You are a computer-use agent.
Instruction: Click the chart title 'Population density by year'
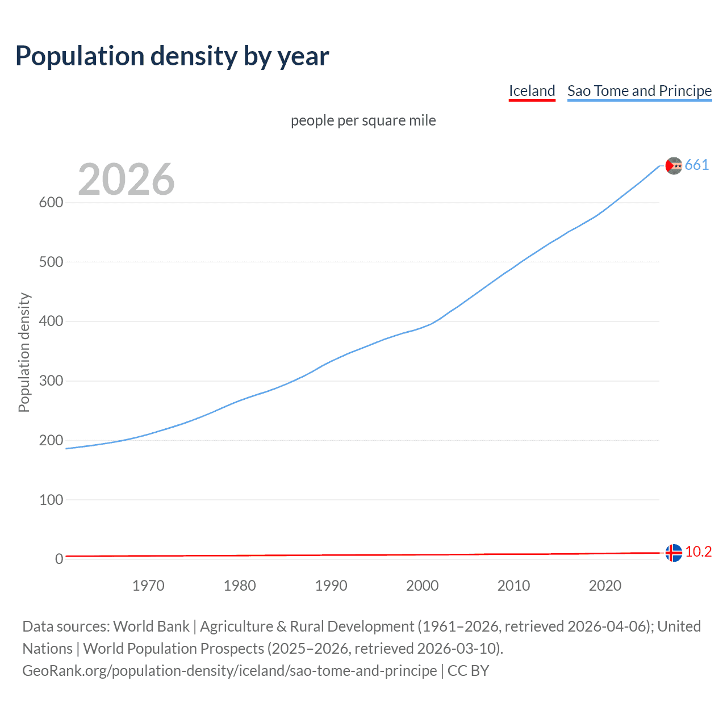(x=172, y=56)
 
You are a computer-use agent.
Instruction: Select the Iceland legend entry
(x=532, y=91)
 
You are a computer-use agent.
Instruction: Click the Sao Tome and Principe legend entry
(x=640, y=91)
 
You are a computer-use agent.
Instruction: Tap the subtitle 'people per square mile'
(x=363, y=121)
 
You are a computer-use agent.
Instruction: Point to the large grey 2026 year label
(x=126, y=179)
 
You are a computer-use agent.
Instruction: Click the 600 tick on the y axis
(x=51, y=203)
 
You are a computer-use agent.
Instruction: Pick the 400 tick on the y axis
(x=51, y=321)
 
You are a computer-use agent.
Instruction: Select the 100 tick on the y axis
(x=51, y=500)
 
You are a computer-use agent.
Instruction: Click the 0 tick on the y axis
(x=59, y=559)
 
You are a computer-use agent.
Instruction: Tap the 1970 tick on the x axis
(x=148, y=586)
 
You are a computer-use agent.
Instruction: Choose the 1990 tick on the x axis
(x=331, y=586)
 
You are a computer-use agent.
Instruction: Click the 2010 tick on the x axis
(x=513, y=586)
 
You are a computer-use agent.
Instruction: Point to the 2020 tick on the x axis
(x=605, y=586)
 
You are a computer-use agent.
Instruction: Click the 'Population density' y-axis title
(x=24, y=352)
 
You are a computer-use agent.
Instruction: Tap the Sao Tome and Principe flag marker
(x=674, y=165)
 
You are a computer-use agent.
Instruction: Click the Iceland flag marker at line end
(x=674, y=552)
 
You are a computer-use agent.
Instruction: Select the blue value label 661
(x=697, y=165)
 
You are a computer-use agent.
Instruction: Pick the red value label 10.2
(x=699, y=552)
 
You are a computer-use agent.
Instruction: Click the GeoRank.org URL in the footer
(x=230, y=671)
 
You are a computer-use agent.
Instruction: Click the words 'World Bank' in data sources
(x=151, y=626)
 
